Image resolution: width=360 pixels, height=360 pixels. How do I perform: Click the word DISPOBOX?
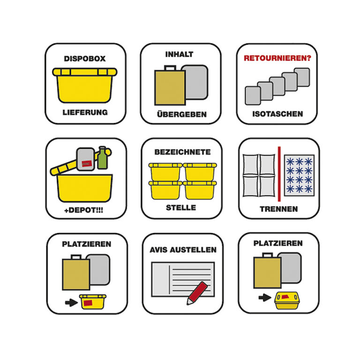[x=85, y=59]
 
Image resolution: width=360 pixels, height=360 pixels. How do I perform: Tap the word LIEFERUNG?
[x=85, y=112]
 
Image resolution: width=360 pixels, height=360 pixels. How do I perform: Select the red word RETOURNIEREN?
[x=277, y=58]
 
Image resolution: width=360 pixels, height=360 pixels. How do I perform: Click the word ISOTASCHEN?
[x=277, y=114]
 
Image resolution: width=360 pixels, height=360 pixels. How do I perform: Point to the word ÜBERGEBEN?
[x=181, y=114]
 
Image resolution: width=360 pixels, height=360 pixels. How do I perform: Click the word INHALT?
[x=180, y=54]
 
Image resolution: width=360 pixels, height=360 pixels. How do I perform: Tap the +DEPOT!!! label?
[x=84, y=210]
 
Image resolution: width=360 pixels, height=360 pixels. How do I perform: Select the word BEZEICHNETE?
[x=182, y=152]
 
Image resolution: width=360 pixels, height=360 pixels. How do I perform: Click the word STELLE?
[x=181, y=208]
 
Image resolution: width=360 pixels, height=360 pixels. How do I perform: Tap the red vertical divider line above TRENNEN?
[x=279, y=174]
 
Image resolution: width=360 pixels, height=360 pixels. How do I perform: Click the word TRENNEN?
[x=279, y=209]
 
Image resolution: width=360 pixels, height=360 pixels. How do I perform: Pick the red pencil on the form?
[x=197, y=293]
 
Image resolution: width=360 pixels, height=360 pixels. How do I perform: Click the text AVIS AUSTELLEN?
[x=183, y=250]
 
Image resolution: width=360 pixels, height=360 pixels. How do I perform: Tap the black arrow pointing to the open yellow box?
[x=71, y=302]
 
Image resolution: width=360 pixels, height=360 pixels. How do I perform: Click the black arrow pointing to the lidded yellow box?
[x=265, y=298]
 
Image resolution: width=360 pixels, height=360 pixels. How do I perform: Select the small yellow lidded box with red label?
[x=287, y=300]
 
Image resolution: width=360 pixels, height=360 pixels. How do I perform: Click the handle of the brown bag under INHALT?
[x=170, y=67]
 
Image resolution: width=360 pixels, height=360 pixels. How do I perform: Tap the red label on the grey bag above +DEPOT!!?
[x=87, y=164]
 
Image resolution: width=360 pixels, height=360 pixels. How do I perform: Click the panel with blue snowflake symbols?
[x=299, y=175]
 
